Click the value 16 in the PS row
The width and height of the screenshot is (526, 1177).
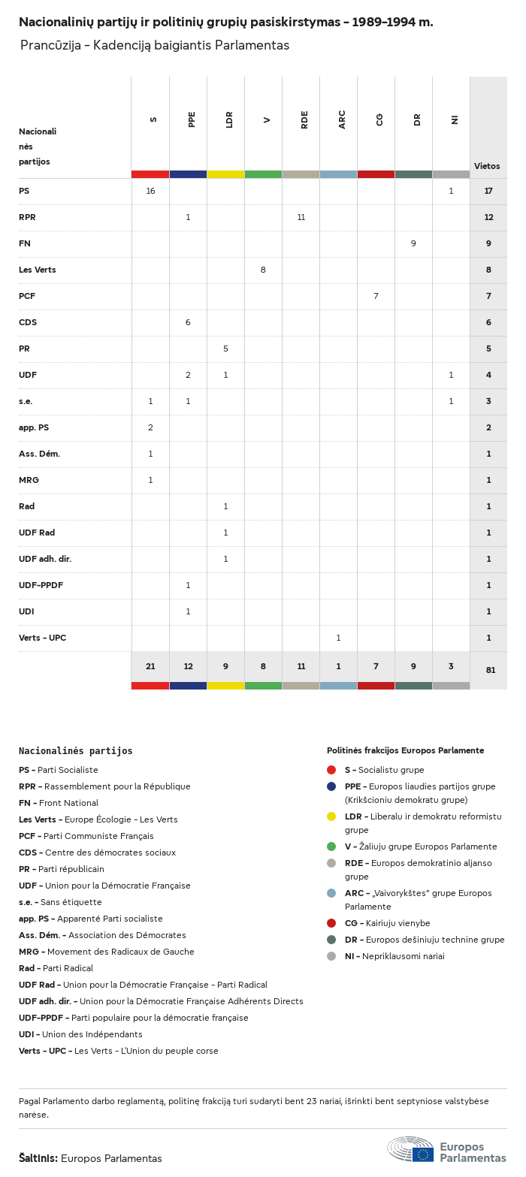150,191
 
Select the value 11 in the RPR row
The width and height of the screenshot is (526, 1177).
301,217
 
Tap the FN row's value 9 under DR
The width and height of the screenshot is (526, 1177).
413,243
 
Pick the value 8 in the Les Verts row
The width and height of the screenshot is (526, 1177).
263,270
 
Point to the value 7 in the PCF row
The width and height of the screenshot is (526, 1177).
376,296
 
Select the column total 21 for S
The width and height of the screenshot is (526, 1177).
150,666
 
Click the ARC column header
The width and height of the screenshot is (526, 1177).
342,119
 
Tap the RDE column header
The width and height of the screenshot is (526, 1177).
304,119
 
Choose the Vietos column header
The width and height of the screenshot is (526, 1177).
487,166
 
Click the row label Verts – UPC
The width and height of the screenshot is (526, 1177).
42,638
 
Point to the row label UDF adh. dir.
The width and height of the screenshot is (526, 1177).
45,559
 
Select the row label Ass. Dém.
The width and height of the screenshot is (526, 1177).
39,454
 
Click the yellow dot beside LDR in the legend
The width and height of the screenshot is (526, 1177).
331,816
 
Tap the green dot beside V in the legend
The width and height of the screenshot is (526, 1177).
331,847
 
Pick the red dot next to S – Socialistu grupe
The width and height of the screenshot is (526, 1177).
331,770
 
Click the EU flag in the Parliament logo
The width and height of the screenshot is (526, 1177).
423,1154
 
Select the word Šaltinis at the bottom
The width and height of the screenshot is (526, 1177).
38,1158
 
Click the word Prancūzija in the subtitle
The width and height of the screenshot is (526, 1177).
50,45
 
